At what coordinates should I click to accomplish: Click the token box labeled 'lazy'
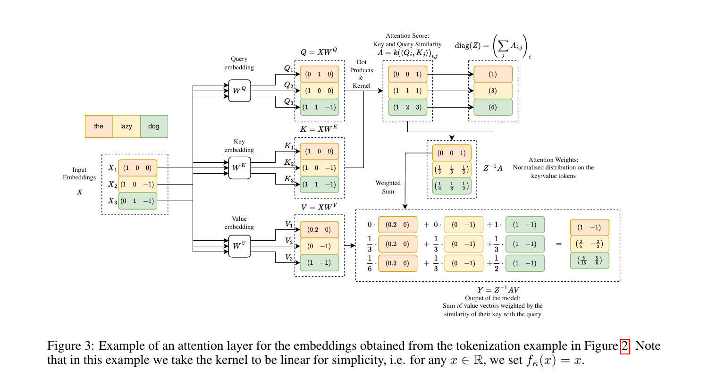click(126, 126)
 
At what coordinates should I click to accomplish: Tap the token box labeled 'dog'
click(154, 126)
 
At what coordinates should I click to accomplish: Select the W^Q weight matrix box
click(239, 90)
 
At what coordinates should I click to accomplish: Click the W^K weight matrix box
click(239, 168)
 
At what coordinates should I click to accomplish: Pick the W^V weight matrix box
click(239, 245)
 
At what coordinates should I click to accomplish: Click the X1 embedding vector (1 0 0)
click(137, 168)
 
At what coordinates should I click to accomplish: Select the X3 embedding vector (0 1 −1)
click(137, 201)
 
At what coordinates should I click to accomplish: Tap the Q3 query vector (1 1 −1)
click(320, 107)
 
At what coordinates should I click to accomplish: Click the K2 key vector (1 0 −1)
click(320, 168)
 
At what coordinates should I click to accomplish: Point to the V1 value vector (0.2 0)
click(320, 229)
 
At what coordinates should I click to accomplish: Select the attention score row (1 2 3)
click(408, 107)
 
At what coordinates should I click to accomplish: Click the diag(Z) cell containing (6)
click(493, 107)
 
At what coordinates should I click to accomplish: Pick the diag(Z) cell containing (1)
click(493, 74)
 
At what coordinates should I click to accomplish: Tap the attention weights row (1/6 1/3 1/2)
click(452, 186)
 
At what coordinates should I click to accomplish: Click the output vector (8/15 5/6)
click(590, 261)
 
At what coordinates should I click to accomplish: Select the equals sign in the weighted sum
click(559, 244)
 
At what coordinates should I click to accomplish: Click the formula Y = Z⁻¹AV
click(498, 290)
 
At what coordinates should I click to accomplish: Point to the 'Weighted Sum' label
click(388, 187)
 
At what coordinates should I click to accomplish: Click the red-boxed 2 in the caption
click(624, 346)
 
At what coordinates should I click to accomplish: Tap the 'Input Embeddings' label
click(79, 174)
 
